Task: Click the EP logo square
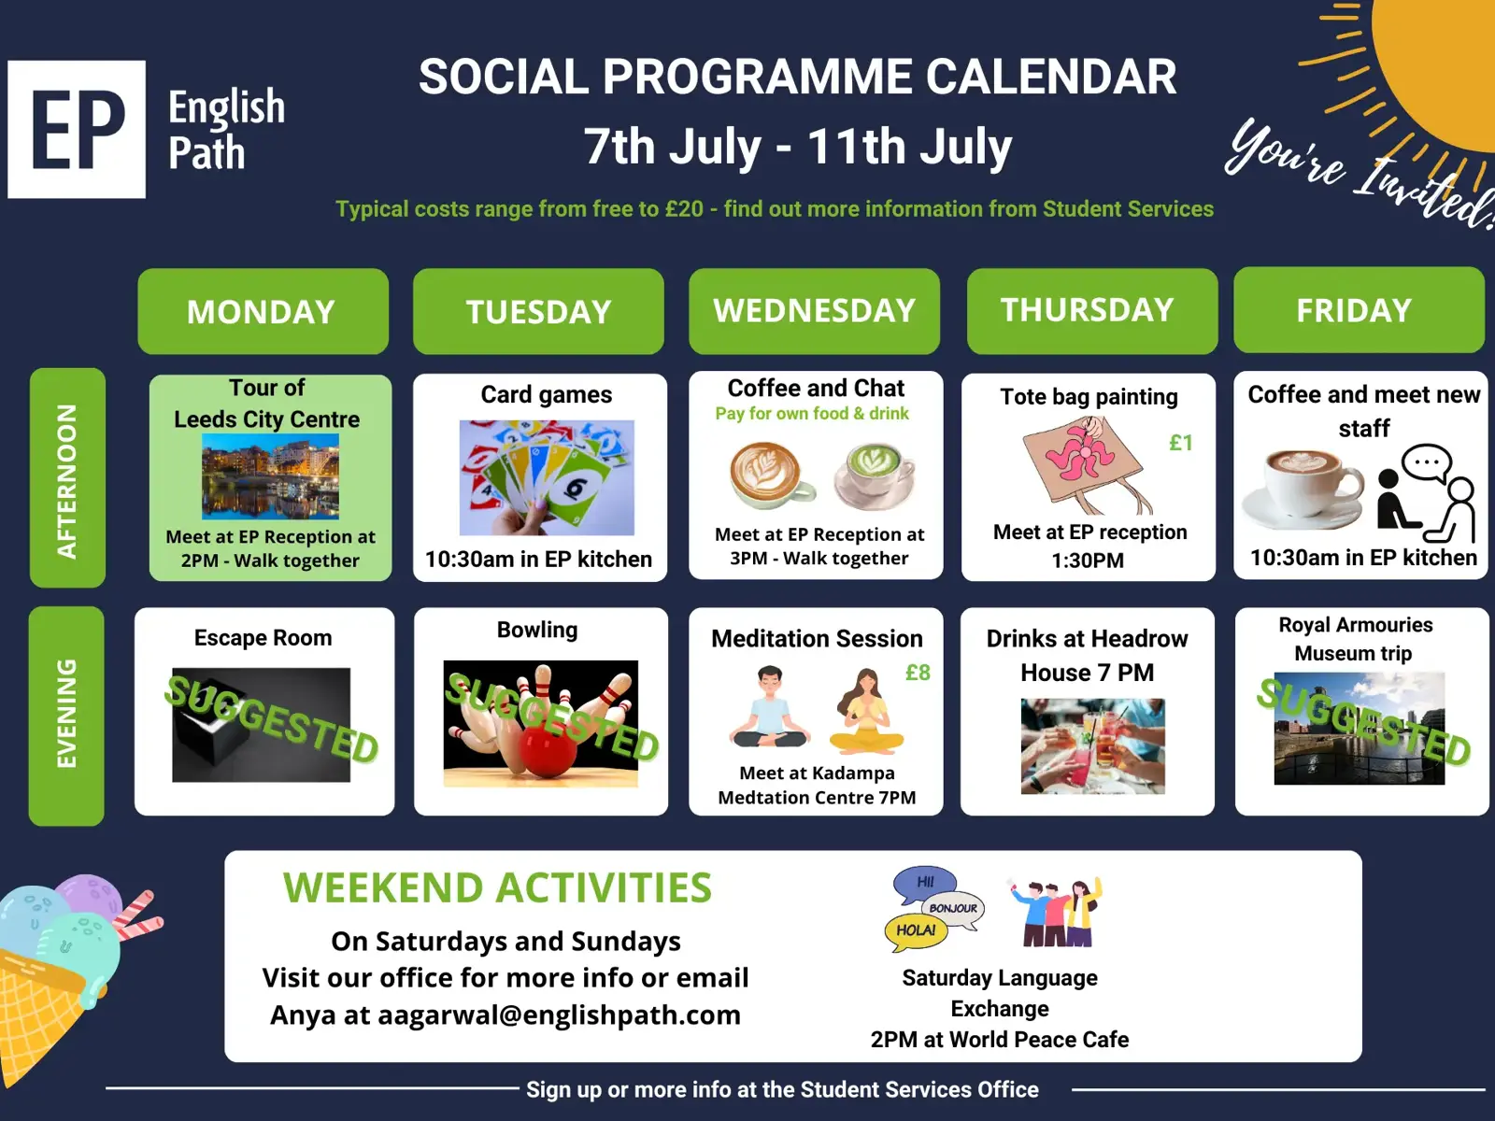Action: click(x=77, y=129)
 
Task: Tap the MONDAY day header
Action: click(x=263, y=311)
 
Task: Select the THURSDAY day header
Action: click(x=1091, y=310)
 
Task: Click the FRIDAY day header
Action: click(x=1359, y=310)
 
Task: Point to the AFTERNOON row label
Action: click(x=67, y=477)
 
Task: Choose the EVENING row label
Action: click(x=66, y=716)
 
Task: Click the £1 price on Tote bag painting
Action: click(x=1181, y=443)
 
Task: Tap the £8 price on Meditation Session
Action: click(x=918, y=673)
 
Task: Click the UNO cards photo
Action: click(x=547, y=477)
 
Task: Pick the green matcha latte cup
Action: click(x=875, y=475)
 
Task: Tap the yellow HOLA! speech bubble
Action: click(x=916, y=930)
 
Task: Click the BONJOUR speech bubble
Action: click(x=953, y=908)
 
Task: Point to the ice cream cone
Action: click(x=58, y=980)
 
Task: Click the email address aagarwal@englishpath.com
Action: click(x=559, y=1015)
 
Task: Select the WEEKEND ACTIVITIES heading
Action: click(x=497, y=887)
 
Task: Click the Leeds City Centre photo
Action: click(x=270, y=476)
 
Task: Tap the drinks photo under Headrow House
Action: click(x=1092, y=746)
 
